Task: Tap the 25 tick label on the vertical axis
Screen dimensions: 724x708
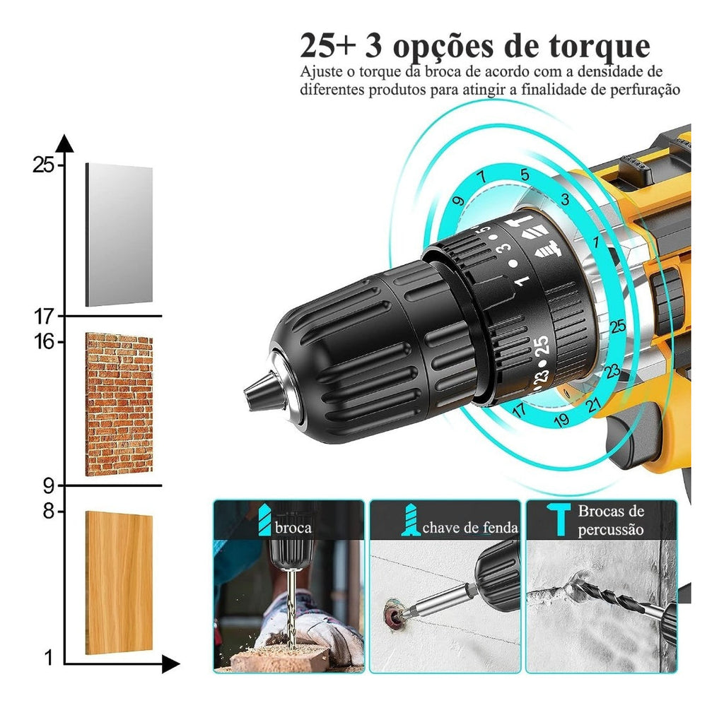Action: point(43,165)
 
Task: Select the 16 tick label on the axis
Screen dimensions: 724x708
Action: point(44,342)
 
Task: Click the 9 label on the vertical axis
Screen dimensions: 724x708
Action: point(49,485)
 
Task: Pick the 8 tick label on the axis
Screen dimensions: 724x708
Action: point(49,512)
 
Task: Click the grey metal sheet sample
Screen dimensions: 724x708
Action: point(119,235)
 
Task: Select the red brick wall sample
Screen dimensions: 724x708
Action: point(119,404)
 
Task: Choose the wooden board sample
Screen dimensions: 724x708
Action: point(119,582)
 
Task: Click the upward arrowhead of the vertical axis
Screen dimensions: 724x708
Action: point(64,143)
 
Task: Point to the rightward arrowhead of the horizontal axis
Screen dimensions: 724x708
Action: point(171,665)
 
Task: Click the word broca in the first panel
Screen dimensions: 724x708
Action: point(293,528)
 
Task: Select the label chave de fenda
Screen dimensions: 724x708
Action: point(470,528)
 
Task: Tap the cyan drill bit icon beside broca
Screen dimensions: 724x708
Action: point(264,519)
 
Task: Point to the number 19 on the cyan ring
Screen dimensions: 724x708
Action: point(561,420)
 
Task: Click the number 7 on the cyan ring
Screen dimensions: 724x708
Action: point(481,177)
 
